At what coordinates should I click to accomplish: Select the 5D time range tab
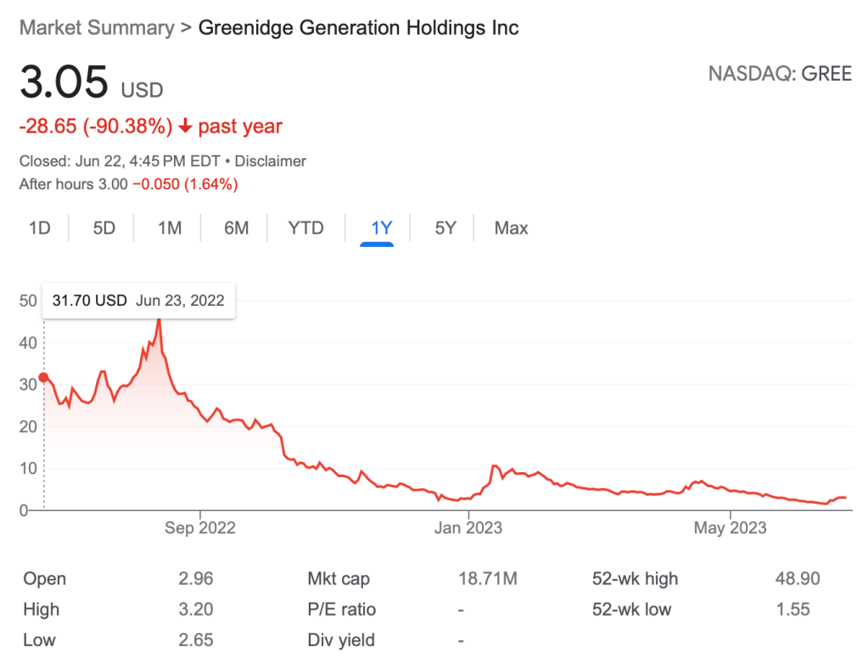pyautogui.click(x=104, y=228)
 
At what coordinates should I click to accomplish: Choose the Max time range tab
pyautogui.click(x=511, y=228)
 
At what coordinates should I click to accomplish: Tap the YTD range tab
pyautogui.click(x=305, y=228)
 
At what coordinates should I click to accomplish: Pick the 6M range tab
pyautogui.click(x=236, y=228)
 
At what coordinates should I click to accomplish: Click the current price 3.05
pyautogui.click(x=64, y=83)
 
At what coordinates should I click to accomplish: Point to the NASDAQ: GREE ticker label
pyautogui.click(x=780, y=73)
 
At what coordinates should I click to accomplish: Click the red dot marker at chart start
pyautogui.click(x=44, y=378)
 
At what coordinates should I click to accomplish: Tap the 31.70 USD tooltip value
pyautogui.click(x=89, y=300)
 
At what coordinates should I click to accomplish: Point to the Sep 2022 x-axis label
pyautogui.click(x=200, y=527)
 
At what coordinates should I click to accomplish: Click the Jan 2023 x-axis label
pyautogui.click(x=468, y=527)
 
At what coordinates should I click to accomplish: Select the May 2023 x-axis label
pyautogui.click(x=730, y=527)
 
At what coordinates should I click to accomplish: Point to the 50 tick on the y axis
pyautogui.click(x=28, y=300)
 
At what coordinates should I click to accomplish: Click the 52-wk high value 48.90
pyautogui.click(x=798, y=579)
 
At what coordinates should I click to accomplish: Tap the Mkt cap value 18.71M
pyautogui.click(x=487, y=579)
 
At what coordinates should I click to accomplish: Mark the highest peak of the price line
pyautogui.click(x=159, y=318)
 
